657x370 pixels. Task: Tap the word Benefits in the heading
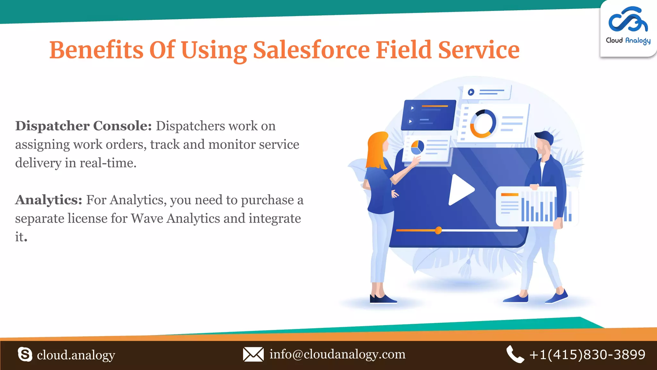pyautogui.click(x=96, y=50)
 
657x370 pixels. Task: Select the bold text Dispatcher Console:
pyautogui.click(x=83, y=126)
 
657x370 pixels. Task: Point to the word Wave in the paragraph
pyautogui.click(x=147, y=219)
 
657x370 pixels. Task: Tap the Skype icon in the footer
pyautogui.click(x=25, y=355)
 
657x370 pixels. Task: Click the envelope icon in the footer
pyautogui.click(x=253, y=354)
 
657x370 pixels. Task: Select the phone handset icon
pyautogui.click(x=515, y=354)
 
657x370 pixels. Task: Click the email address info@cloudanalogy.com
pyautogui.click(x=337, y=354)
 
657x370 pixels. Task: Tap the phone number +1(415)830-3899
pyautogui.click(x=587, y=355)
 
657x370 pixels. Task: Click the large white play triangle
pyautogui.click(x=461, y=190)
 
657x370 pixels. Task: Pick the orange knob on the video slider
pyautogui.click(x=438, y=230)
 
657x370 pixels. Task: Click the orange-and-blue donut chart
pyautogui.click(x=482, y=124)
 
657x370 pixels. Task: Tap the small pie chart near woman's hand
pyautogui.click(x=417, y=147)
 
